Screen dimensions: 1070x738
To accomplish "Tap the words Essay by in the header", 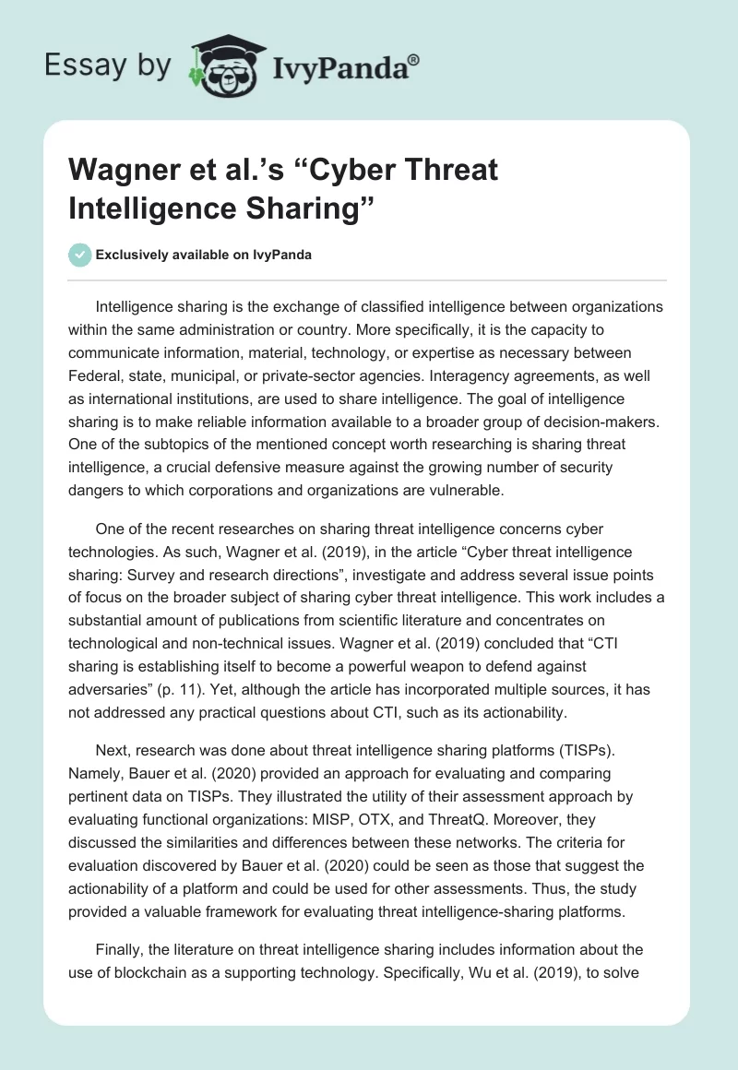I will [109, 65].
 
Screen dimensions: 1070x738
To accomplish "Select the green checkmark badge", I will [79, 255].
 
